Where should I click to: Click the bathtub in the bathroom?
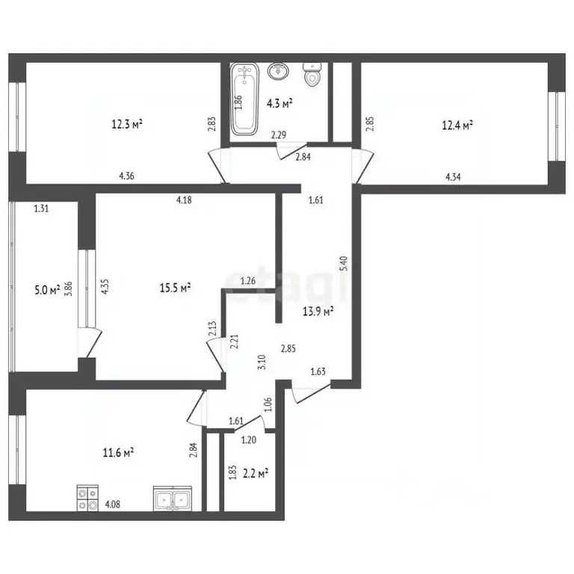244,99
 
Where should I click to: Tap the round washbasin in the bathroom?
278,71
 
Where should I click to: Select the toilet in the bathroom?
312,74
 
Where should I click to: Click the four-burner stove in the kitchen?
88,498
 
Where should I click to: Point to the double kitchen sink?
173,499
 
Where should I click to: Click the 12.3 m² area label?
127,125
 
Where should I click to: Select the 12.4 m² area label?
457,126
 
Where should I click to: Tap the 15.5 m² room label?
176,288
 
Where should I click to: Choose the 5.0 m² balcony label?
47,291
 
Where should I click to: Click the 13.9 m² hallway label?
318,312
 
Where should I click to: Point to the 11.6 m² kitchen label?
118,453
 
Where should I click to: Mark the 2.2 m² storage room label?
256,474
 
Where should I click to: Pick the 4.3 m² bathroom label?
280,104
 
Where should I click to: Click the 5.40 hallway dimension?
344,264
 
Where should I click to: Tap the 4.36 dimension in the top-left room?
126,176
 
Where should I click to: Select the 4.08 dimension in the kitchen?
112,504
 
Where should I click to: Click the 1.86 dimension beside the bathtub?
238,102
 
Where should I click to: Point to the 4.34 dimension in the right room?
453,177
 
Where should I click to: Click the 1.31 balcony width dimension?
41,209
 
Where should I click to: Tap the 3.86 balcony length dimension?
69,288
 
